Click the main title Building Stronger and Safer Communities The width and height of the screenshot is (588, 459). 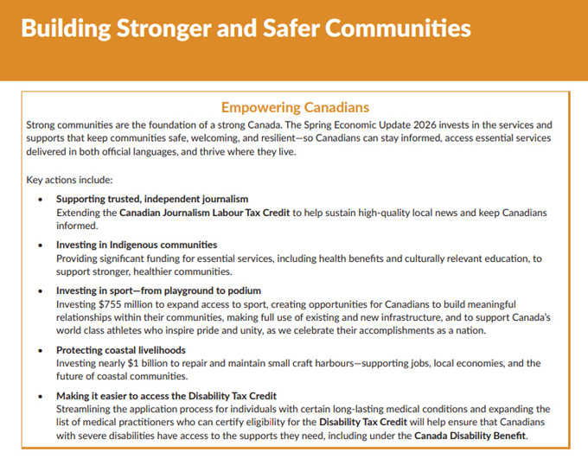point(246,28)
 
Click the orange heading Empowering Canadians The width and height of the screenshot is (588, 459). point(295,107)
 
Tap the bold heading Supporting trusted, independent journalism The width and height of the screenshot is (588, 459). point(152,199)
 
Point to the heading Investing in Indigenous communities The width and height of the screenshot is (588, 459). point(137,245)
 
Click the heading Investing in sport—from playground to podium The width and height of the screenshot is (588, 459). point(158,290)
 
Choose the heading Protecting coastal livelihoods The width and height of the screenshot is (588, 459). point(121,350)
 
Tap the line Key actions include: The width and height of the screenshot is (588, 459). point(69,180)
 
